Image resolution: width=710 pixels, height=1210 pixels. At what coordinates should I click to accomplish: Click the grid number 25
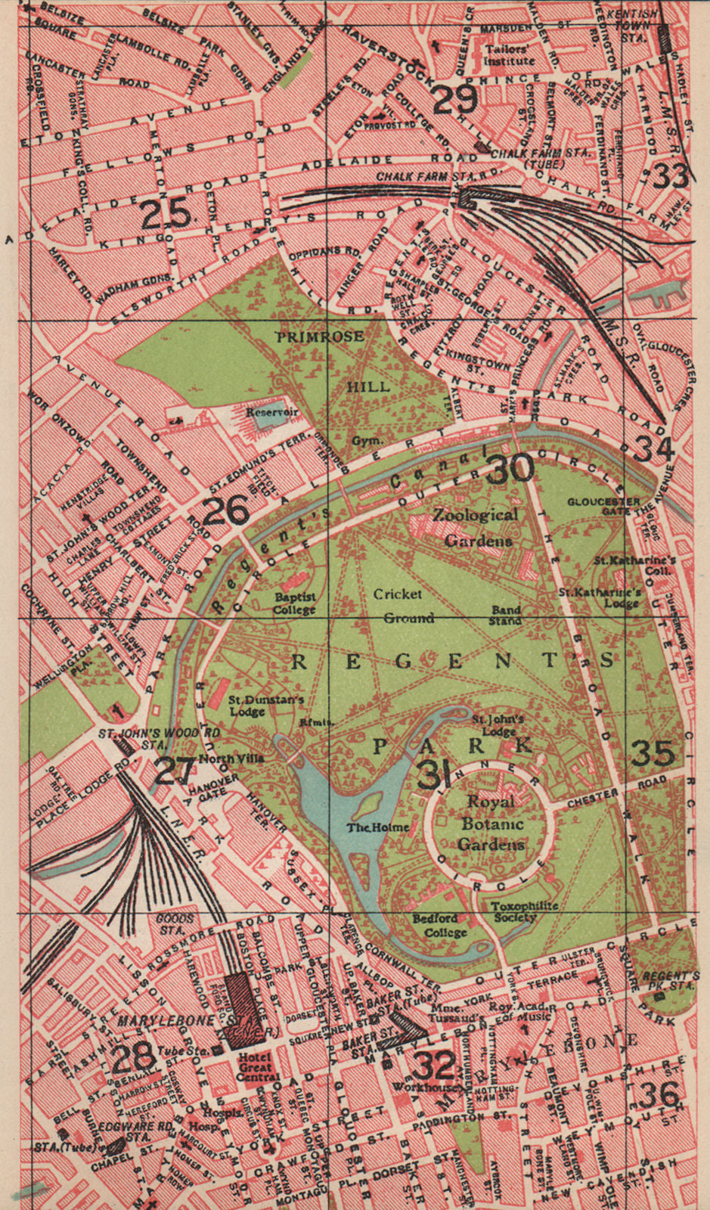click(166, 215)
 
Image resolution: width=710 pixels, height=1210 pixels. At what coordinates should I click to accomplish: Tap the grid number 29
click(454, 99)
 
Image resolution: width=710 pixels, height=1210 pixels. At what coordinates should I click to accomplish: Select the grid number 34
click(653, 448)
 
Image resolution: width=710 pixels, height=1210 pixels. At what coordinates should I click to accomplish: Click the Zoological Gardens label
click(476, 527)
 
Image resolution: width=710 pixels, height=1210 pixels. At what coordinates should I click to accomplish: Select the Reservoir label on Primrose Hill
click(272, 413)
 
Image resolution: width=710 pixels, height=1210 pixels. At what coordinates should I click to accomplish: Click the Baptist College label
click(295, 603)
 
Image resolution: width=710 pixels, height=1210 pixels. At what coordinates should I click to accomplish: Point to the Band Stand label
click(505, 615)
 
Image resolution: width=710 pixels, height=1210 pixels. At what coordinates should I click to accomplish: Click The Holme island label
click(378, 827)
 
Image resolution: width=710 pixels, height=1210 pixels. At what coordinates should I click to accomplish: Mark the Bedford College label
click(440, 926)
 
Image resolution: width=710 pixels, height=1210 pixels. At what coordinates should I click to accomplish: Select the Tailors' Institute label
click(505, 55)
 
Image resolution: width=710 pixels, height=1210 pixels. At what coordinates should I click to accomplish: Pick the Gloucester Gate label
click(603, 506)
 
